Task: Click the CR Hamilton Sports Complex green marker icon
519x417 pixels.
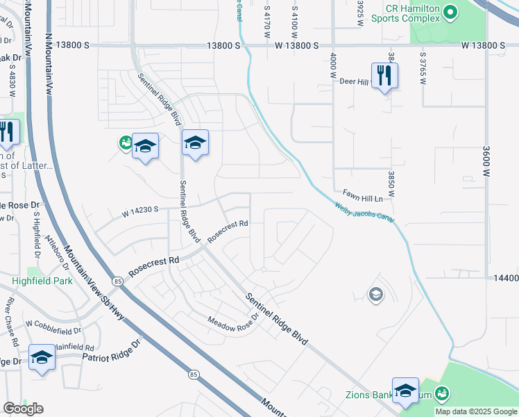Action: tap(450, 12)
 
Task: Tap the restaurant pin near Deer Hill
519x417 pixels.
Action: tap(384, 76)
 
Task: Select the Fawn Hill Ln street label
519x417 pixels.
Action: tap(362, 197)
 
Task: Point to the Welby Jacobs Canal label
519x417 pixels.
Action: tap(364, 213)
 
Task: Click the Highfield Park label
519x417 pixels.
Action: tap(42, 281)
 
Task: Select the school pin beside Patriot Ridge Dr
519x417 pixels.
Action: tap(42, 358)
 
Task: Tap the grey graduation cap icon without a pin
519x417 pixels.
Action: tap(375, 294)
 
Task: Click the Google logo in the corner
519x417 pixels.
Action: tap(23, 408)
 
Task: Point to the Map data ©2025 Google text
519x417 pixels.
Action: tap(476, 411)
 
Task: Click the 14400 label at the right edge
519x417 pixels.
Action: tap(507, 278)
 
